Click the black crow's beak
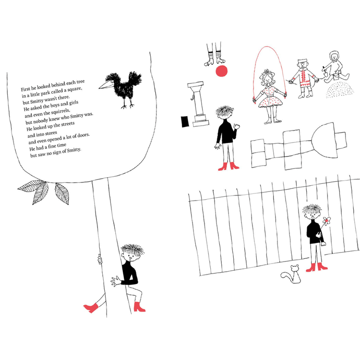[106, 85]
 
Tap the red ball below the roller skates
[222, 71]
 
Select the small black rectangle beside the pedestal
[185, 121]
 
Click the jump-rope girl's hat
[267, 74]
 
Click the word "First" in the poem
[26, 89]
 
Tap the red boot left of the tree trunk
[91, 308]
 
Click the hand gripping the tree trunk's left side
[100, 260]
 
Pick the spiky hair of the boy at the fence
[312, 209]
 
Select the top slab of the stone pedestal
[195, 84]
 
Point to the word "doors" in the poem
[84, 135]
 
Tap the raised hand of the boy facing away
[237, 127]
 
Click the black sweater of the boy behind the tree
[129, 274]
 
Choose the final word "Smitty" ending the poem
[74, 151]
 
